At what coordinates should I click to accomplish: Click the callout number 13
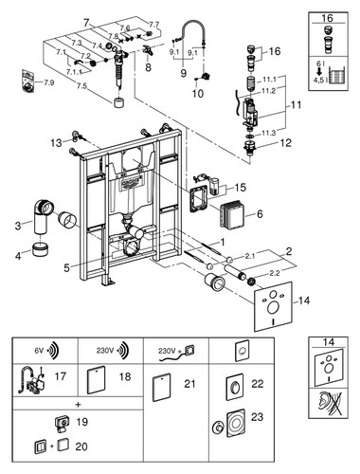tap(56, 143)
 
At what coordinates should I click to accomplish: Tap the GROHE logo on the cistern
tap(129, 183)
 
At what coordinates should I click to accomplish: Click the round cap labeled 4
tap(40, 249)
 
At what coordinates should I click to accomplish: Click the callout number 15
tap(240, 188)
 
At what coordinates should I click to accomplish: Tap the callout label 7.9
tap(48, 82)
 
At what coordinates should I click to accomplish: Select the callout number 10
tap(198, 94)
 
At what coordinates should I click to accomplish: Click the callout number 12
tap(285, 143)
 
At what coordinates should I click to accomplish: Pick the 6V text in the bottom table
tap(39, 351)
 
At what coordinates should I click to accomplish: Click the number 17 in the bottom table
tap(61, 376)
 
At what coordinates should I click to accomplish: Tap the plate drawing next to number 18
tap(96, 379)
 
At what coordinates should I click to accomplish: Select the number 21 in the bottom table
tap(189, 384)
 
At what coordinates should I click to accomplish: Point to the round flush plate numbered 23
tap(236, 424)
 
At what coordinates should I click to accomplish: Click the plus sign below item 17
tap(79, 405)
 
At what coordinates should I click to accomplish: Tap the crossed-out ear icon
tap(329, 404)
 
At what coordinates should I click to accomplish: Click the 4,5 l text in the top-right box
tap(318, 80)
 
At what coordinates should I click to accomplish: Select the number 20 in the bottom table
tap(81, 447)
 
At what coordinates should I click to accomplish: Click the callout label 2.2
tap(274, 273)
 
